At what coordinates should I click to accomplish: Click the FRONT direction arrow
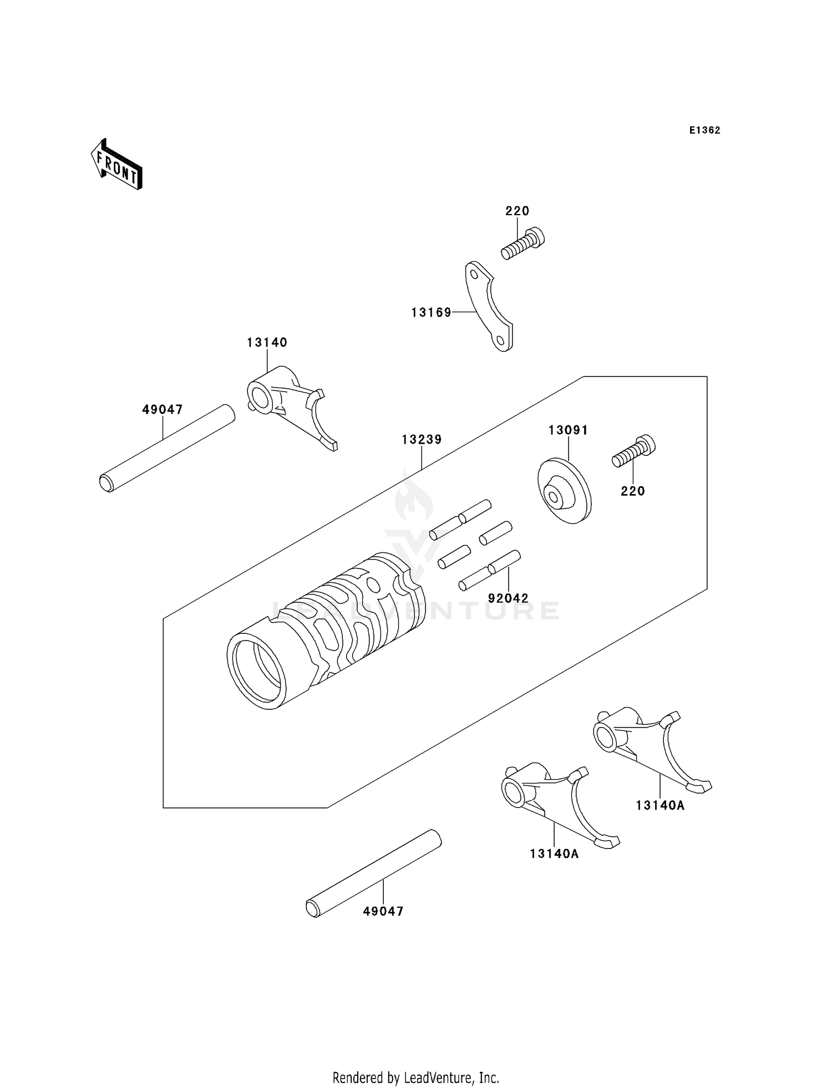116,165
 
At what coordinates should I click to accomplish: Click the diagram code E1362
704,130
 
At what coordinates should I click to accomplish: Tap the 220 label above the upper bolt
517,211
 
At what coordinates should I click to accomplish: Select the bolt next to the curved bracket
523,244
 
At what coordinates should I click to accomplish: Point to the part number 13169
431,313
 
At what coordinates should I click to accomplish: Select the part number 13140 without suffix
267,343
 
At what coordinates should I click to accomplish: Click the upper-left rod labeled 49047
166,448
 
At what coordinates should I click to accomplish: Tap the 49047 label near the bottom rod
383,911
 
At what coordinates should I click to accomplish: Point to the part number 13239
422,440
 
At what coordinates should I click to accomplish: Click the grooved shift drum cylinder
327,632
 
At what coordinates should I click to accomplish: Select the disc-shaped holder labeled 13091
564,491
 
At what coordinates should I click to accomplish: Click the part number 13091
568,430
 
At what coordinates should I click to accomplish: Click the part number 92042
508,598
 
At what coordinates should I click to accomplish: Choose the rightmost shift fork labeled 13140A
649,746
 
